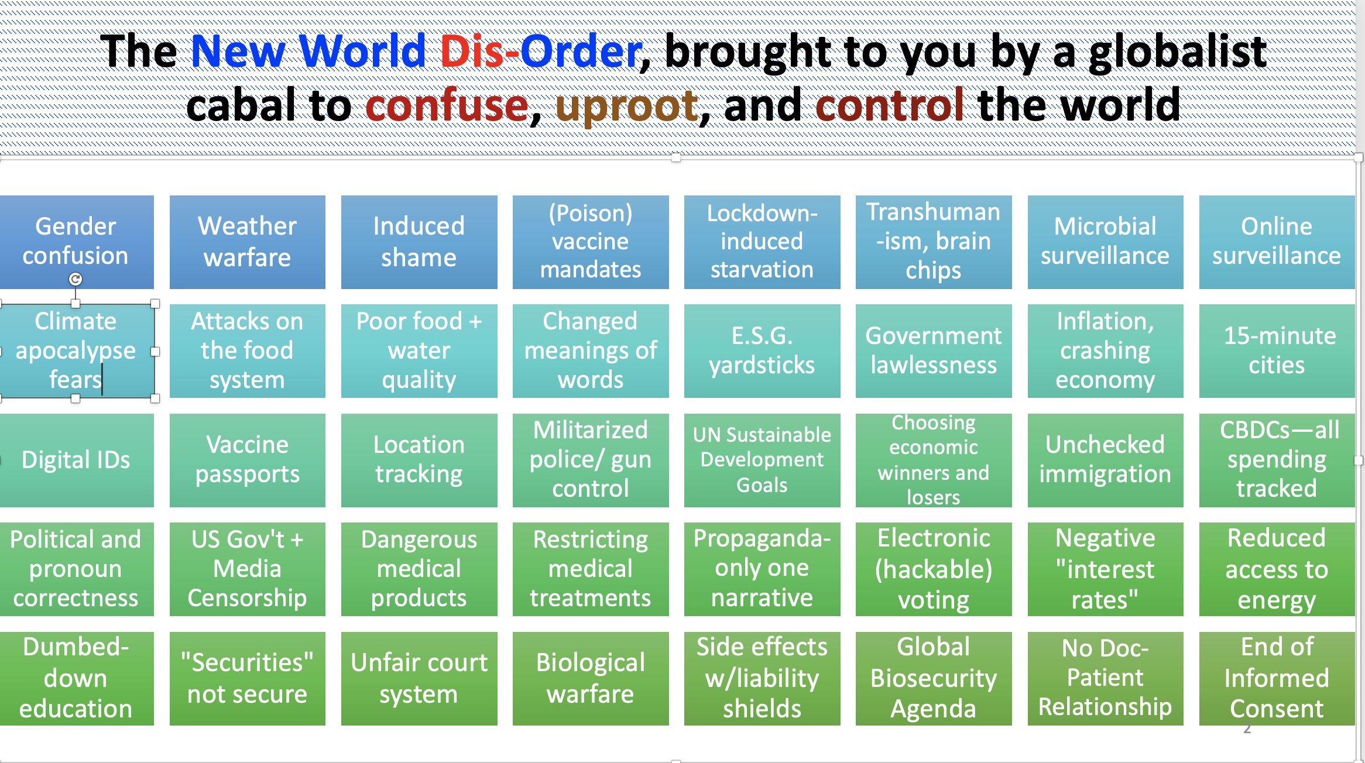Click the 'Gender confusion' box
tap(76, 241)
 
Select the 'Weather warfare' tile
tap(247, 242)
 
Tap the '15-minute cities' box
tap(1277, 350)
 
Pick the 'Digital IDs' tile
tap(76, 460)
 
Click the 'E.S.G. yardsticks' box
tap(762, 350)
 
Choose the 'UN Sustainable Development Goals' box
tap(762, 460)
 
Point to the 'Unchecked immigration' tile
tap(1105, 460)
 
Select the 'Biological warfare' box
tap(590, 678)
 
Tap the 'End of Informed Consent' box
tap(1277, 678)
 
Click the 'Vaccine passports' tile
tap(247, 460)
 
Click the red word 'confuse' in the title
tap(447, 106)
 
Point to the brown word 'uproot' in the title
tap(626, 106)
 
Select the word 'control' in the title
tap(889, 106)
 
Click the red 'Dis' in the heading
tap(471, 51)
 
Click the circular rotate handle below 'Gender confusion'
tap(76, 280)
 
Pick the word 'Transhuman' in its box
tap(933, 212)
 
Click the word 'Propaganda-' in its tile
tap(762, 539)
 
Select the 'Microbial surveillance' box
tap(1105, 242)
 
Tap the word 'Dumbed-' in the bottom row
tap(76, 648)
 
